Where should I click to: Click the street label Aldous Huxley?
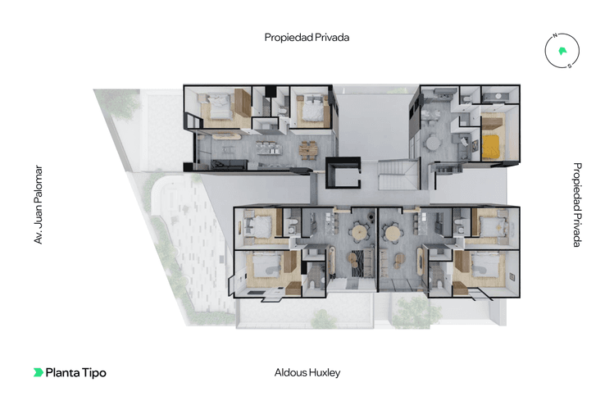point(307,372)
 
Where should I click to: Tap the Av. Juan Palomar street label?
point(38,205)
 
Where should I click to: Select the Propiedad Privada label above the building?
point(307,38)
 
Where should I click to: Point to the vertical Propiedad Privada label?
point(577,205)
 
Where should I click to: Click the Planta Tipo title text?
point(76,372)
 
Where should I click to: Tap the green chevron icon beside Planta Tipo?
point(38,372)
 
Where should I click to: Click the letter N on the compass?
point(555,35)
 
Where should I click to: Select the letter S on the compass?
point(570,66)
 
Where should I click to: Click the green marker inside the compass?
point(562,51)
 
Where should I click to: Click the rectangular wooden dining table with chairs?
point(308,150)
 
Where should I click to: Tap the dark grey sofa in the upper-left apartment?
point(229,165)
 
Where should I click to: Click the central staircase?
point(398,175)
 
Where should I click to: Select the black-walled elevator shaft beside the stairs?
point(343,173)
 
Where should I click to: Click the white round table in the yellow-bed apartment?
point(433,143)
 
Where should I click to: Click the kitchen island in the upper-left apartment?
point(269,148)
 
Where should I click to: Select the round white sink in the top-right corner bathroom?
point(498,96)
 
